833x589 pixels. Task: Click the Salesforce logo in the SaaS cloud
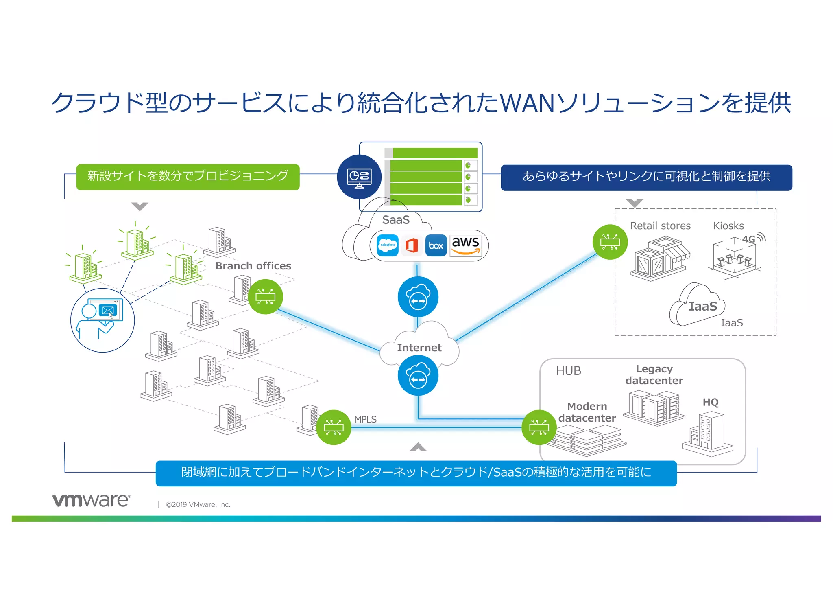(x=388, y=245)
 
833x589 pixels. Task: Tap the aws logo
(x=466, y=245)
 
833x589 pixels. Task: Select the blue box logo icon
(x=436, y=245)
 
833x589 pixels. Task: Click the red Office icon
(x=412, y=245)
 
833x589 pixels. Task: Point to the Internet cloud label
(x=419, y=348)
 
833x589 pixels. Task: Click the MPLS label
(x=365, y=419)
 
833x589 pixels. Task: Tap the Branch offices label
(x=253, y=266)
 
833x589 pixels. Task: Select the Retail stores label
(x=660, y=226)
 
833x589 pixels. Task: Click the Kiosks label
(x=728, y=226)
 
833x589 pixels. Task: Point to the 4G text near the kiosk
(x=748, y=239)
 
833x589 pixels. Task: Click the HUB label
(x=568, y=371)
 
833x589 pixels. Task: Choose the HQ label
(x=710, y=402)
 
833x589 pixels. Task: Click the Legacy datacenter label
(x=654, y=374)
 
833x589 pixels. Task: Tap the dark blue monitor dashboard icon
(x=359, y=177)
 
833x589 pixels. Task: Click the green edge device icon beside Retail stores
(x=610, y=242)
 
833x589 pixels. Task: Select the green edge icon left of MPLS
(x=334, y=427)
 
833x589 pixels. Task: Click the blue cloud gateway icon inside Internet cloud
(x=418, y=375)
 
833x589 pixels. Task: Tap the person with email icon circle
(x=102, y=320)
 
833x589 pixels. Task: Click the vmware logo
(x=92, y=500)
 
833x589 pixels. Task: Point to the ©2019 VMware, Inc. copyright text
(x=198, y=504)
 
